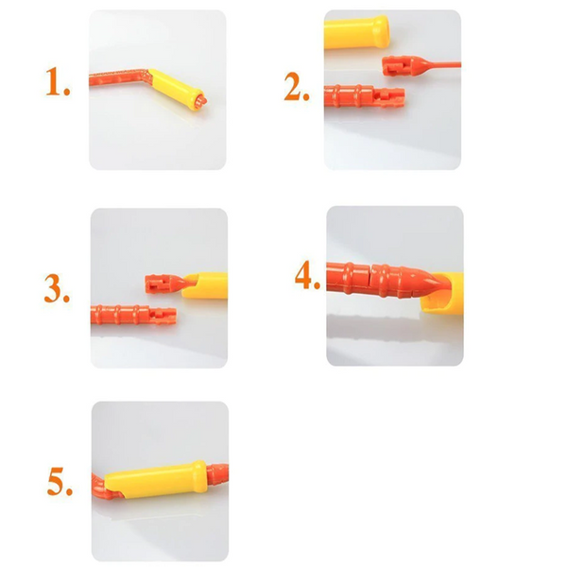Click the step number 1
point(58,81)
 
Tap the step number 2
point(297,86)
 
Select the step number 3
point(57,288)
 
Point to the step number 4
point(307,275)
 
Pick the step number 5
point(60,481)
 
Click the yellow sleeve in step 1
point(174,88)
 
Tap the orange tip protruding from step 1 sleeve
point(202,100)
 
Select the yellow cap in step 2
point(356,32)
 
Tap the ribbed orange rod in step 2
point(364,96)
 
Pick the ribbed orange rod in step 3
point(133,315)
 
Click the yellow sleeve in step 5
point(156,479)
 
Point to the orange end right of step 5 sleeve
point(218,474)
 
